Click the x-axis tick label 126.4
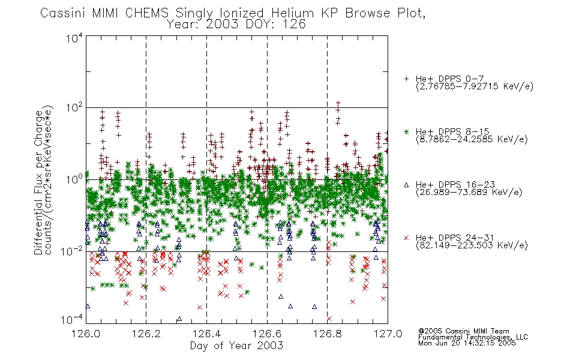tap(206, 334)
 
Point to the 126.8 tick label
tap(328, 334)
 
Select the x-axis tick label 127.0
tap(388, 334)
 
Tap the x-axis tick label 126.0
tap(86, 334)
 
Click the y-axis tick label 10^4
tap(74, 38)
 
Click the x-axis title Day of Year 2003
tap(236, 346)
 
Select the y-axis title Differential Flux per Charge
tap(38, 182)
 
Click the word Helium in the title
tap(292, 13)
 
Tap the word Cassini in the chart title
tap(63, 13)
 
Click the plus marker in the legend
tap(406, 79)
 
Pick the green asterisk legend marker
tap(406, 131)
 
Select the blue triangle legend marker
tap(406, 185)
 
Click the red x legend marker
tap(406, 238)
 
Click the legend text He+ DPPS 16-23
tap(455, 185)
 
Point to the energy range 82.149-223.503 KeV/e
tap(472, 245)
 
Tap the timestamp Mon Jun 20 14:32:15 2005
tap(467, 343)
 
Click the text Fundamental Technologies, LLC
tap(473, 337)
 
